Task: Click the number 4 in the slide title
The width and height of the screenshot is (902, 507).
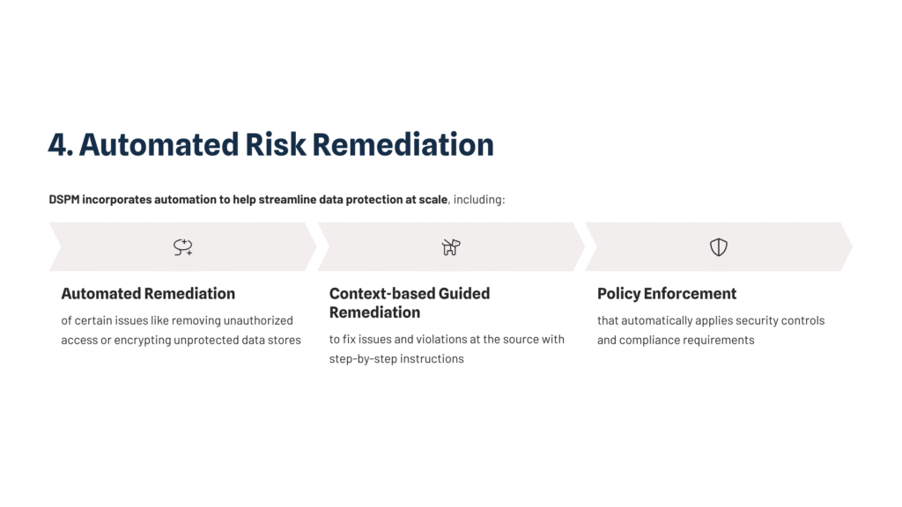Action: (57, 144)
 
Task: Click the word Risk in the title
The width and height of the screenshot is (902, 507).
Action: (276, 144)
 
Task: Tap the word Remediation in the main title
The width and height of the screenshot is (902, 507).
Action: (403, 144)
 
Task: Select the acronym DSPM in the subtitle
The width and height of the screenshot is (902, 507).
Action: (63, 200)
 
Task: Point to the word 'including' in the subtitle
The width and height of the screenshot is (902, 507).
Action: (478, 200)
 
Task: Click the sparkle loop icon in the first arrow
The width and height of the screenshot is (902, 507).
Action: (183, 246)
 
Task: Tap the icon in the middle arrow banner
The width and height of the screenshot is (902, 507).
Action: (451, 246)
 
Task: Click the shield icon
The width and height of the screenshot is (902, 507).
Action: (719, 246)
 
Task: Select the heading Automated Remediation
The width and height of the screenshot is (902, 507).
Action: (148, 293)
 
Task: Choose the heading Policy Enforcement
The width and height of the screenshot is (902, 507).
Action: (667, 293)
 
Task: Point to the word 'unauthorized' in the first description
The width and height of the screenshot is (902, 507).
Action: (258, 320)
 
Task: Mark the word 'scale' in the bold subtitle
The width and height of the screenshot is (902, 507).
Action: (433, 200)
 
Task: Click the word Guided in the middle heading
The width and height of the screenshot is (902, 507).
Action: (464, 293)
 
